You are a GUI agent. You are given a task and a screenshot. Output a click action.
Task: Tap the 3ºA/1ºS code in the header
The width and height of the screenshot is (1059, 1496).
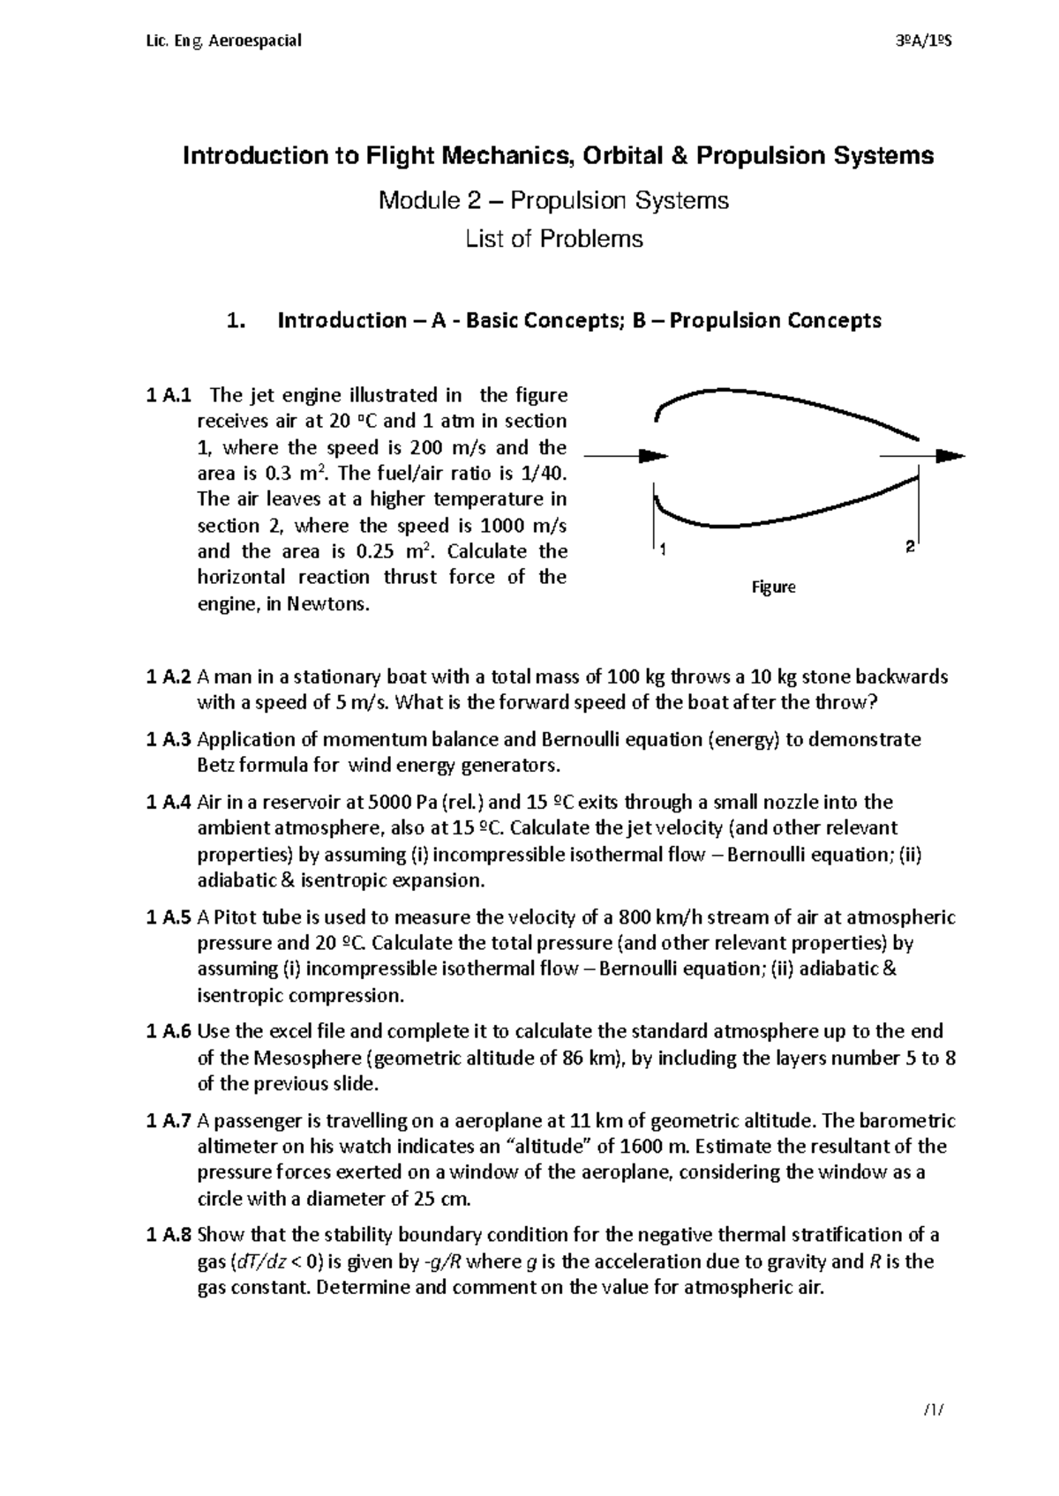(919, 41)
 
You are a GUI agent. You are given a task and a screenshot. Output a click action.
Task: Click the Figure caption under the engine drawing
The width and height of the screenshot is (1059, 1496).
(773, 587)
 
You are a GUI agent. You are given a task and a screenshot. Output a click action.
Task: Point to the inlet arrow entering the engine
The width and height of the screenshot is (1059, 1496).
(627, 456)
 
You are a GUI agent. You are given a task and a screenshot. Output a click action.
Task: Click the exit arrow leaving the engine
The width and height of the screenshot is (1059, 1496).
(922, 456)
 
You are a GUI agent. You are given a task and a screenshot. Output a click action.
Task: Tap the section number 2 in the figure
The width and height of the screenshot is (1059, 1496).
(909, 548)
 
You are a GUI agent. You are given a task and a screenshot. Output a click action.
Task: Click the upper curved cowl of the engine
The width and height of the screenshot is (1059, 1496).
(777, 396)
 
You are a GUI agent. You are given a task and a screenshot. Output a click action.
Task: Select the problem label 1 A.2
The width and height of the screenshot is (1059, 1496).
(168, 677)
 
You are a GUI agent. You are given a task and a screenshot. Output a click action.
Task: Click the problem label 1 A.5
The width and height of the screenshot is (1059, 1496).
(168, 917)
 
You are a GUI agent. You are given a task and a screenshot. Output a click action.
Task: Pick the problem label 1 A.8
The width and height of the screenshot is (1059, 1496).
(168, 1235)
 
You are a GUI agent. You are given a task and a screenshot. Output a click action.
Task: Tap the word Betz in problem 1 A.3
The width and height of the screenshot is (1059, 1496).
(215, 765)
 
